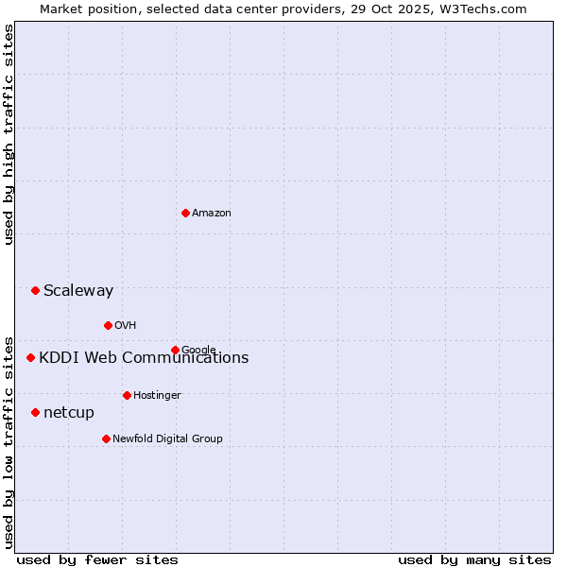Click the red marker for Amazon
coord(185,213)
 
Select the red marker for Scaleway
coord(35,290)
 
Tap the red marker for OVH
coord(108,325)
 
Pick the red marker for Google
coord(175,350)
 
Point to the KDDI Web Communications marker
coord(30,357)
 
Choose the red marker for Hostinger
coord(127,395)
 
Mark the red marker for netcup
coord(35,412)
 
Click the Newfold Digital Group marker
coord(106,438)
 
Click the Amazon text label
coord(212,214)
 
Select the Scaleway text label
coord(78,291)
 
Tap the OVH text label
coord(126,326)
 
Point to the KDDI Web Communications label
coord(144,358)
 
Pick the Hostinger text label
coord(157,396)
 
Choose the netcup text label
coord(69,413)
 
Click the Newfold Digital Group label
coord(167,439)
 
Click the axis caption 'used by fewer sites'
coord(97,560)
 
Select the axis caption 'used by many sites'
coord(474,560)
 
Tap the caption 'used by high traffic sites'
coord(9,134)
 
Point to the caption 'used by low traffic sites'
coord(9,441)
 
